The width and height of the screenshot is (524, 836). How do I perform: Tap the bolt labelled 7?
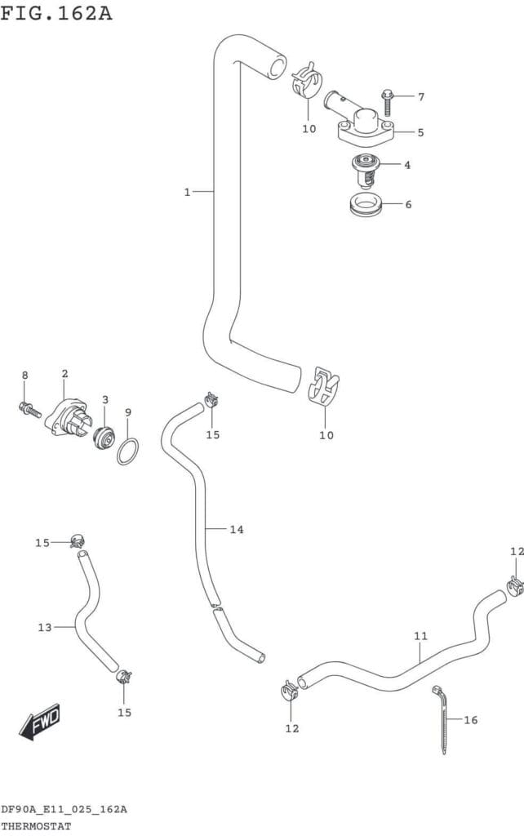pos(387,102)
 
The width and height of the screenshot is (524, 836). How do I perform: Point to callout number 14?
pos(236,530)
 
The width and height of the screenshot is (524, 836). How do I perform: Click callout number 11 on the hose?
pos(420,635)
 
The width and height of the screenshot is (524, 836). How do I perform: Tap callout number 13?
pos(45,627)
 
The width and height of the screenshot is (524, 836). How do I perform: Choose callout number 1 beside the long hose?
pos(187,192)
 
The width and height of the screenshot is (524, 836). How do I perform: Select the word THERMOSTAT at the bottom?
pos(36,825)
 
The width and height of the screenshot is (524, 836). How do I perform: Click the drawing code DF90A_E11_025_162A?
pos(64,809)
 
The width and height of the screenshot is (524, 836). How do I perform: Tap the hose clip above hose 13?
pos(78,540)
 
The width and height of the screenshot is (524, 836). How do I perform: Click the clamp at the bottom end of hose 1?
pos(325,385)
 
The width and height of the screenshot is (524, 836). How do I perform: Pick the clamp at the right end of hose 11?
pos(514,585)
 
